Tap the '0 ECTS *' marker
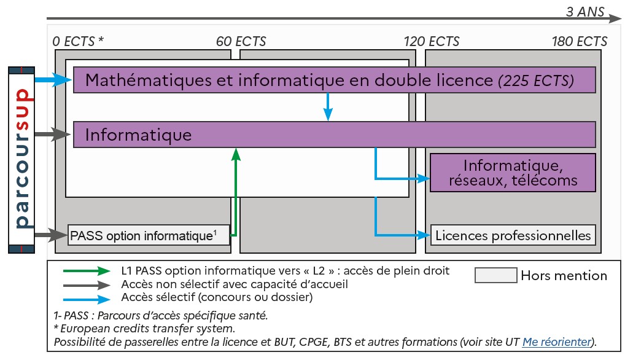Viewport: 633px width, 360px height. [x=79, y=42]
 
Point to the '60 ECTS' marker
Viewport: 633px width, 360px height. [x=241, y=42]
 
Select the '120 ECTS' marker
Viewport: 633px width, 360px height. [x=432, y=42]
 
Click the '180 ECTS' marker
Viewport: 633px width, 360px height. [x=580, y=42]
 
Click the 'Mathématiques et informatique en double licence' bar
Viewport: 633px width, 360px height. [x=289, y=80]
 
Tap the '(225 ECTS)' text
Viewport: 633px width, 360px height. [x=536, y=80]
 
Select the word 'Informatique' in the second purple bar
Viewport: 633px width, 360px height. [x=138, y=135]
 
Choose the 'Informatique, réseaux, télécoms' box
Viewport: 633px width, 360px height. [x=513, y=173]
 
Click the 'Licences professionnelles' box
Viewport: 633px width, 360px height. [x=513, y=235]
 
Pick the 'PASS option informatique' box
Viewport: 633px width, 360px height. [x=148, y=235]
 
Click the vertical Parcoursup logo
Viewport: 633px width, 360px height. [x=22, y=160]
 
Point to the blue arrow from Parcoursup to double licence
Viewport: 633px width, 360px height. [x=53, y=80]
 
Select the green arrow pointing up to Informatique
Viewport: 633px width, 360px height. [x=235, y=190]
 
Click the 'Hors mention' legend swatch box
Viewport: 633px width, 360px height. [x=495, y=276]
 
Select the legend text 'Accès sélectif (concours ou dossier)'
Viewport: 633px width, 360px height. [x=217, y=297]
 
